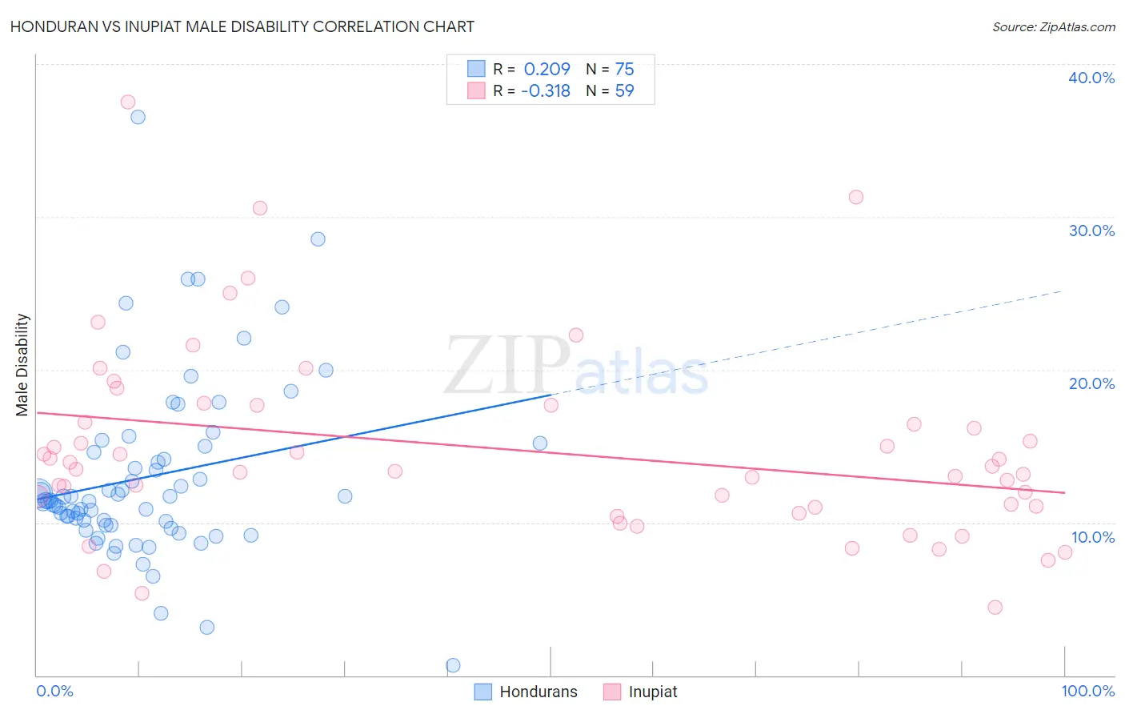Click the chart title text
(242, 26)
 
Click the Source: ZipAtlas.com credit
(1053, 26)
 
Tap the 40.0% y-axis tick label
(1091, 78)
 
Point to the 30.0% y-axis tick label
(1091, 231)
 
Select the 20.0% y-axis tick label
(1091, 383)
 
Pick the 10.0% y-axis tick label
(1092, 537)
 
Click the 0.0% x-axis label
(54, 691)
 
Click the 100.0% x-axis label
(1087, 691)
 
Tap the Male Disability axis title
(22, 364)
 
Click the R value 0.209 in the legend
(546, 69)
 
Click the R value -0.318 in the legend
(545, 90)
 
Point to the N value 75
(624, 69)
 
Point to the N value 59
(624, 90)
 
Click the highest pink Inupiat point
(128, 102)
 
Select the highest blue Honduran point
(138, 117)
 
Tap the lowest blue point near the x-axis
(453, 665)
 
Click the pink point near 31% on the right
(856, 197)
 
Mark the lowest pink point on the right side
(995, 607)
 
